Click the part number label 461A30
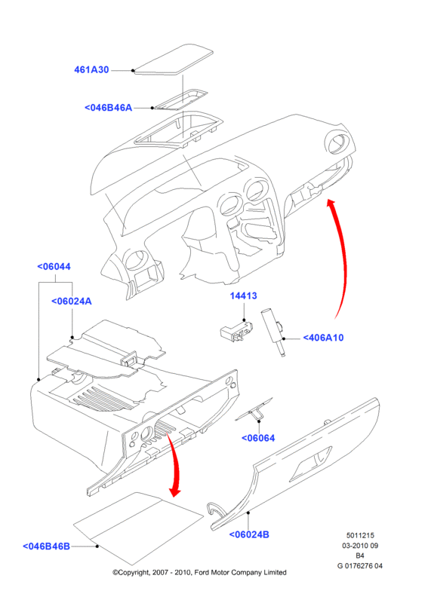click(91, 70)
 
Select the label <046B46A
click(108, 108)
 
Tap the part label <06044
click(54, 267)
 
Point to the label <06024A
click(72, 301)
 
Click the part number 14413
click(244, 295)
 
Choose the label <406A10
click(323, 338)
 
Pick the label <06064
click(258, 438)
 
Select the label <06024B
click(249, 534)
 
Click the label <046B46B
click(46, 546)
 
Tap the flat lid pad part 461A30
click(173, 60)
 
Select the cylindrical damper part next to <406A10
click(273, 332)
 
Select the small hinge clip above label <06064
click(254, 409)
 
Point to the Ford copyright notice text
click(199, 573)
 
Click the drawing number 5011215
click(360, 535)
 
